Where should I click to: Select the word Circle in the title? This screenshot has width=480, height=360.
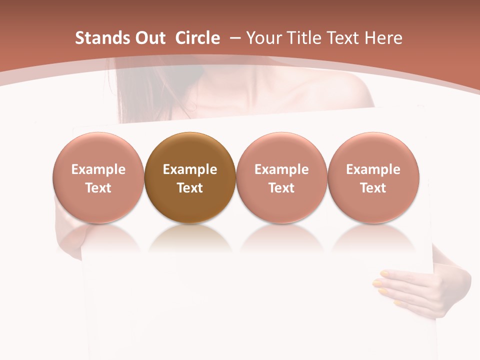197,38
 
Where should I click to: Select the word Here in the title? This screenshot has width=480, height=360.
383,38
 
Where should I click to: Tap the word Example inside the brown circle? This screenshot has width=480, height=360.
190,169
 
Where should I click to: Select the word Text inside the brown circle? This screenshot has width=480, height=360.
190,188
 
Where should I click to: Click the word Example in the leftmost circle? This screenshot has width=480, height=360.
98,169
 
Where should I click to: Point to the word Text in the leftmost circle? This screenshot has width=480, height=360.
98,188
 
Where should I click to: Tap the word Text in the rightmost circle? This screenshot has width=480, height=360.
373,188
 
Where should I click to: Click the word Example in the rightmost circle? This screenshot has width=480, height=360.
373,169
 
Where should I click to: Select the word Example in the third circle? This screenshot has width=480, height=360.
281,169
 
